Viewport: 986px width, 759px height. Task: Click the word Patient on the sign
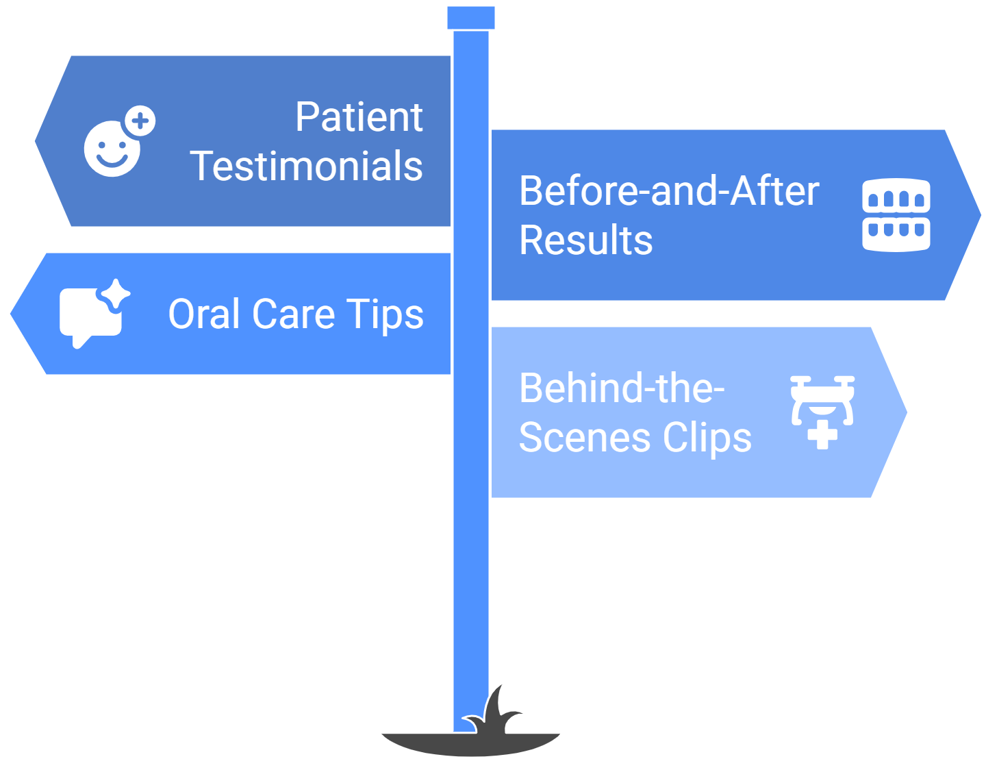[359, 117]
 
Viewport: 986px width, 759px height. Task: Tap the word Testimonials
[306, 166]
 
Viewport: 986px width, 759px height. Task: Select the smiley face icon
[112, 149]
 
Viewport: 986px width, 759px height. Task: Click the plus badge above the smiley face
[140, 121]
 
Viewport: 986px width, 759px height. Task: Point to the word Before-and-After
[669, 191]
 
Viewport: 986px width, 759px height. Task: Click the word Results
[586, 240]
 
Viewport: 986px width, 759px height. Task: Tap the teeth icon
[896, 214]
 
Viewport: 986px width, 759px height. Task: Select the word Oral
[204, 314]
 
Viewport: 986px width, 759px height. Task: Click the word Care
[294, 314]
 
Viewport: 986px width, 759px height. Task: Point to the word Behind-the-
[622, 388]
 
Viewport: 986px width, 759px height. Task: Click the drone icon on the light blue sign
[822, 400]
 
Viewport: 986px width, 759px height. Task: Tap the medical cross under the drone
[822, 435]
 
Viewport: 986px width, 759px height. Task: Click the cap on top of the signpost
[471, 18]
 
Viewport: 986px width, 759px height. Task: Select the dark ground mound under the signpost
[471, 744]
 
